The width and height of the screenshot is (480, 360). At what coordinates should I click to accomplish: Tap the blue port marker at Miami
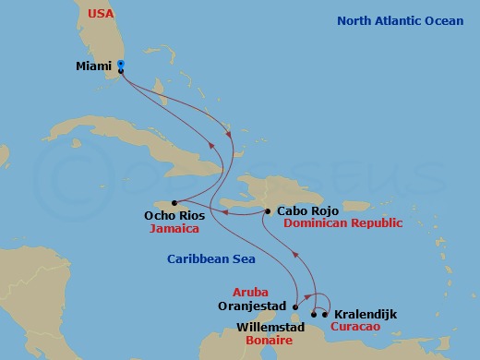tap(122, 66)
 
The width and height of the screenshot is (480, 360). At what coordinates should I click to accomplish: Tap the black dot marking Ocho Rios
tap(179, 203)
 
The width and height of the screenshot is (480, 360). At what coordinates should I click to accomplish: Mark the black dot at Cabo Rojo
tap(268, 211)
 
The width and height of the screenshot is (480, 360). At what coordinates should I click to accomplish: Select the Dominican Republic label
tap(342, 223)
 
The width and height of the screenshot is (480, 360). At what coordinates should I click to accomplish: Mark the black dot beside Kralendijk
tap(325, 315)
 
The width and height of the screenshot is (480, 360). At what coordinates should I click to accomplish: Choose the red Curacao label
tap(359, 327)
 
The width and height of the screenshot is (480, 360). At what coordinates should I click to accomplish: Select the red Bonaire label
tap(272, 341)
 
